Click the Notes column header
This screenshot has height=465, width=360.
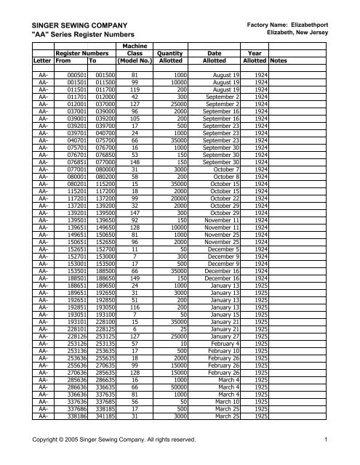tap(279, 62)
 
